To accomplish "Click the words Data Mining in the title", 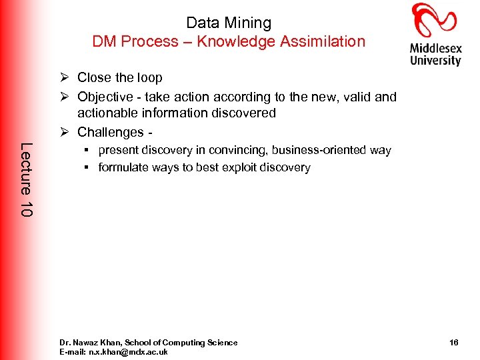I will (229, 23).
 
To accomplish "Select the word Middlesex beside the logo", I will (435, 49).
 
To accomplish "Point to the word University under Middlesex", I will (435, 61).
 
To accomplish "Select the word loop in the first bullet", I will (149, 78).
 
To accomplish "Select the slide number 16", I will (453, 343).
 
